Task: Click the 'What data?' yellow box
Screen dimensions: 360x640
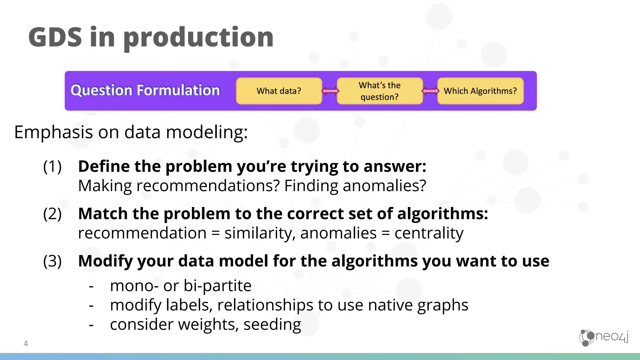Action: [279, 91]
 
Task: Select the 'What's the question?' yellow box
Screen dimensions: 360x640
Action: [380, 91]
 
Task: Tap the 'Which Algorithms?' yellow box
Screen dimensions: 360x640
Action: [480, 91]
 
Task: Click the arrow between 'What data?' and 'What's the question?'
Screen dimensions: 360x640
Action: [330, 91]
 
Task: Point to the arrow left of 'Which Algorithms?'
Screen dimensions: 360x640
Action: [430, 91]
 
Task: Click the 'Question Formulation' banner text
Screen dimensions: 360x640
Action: [145, 90]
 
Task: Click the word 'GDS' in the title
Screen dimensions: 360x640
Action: [55, 37]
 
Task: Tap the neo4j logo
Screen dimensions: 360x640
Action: [603, 337]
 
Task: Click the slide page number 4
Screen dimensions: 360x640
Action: [26, 343]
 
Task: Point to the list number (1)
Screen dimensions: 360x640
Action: [52, 166]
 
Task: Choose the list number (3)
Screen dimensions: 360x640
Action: [52, 261]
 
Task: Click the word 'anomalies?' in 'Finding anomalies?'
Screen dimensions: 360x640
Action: [384, 186]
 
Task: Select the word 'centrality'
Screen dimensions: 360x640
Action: [429, 233]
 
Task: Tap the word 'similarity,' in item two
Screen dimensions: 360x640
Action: [260, 233]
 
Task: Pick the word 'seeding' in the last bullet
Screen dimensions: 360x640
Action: [272, 324]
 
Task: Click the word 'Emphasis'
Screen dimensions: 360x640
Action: [53, 132]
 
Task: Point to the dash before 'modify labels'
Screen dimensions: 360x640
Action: [91, 305]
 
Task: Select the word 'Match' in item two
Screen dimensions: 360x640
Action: [103, 214]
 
